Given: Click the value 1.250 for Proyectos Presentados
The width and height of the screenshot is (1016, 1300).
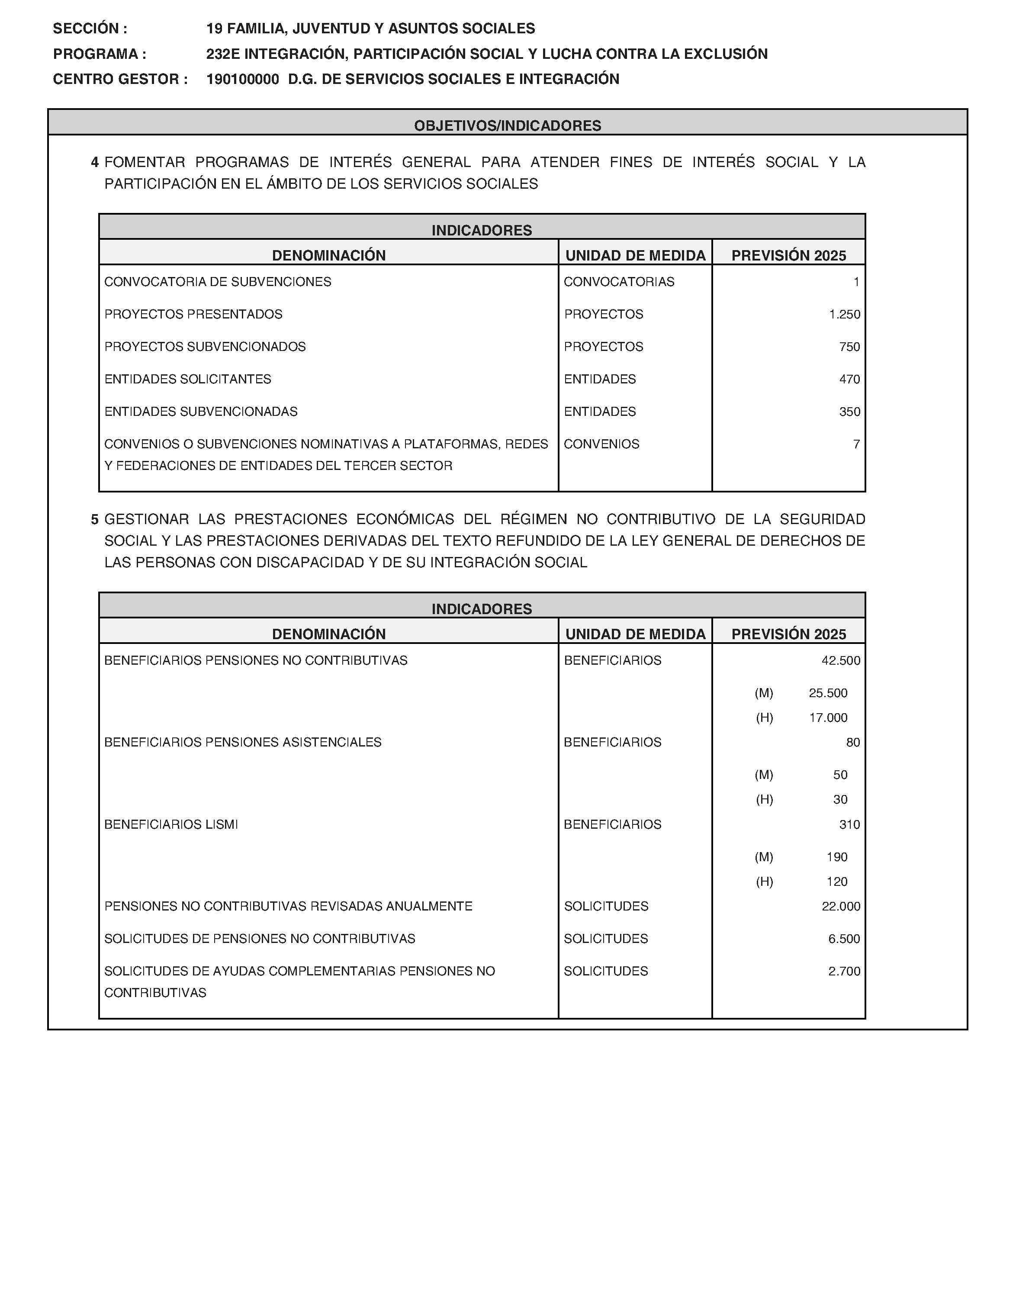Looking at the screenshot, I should [x=845, y=314].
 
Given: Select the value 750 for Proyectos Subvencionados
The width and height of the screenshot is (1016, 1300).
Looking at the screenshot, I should [x=849, y=347].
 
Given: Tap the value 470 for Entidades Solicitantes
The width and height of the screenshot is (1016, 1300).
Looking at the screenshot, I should [x=849, y=379].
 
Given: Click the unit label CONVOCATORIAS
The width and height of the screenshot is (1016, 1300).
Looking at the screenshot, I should [x=619, y=282].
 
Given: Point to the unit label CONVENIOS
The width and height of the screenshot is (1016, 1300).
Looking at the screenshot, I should [x=601, y=444].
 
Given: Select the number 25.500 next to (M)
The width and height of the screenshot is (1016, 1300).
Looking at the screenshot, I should [x=828, y=693].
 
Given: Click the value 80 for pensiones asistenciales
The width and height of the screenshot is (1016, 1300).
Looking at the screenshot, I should [x=853, y=742].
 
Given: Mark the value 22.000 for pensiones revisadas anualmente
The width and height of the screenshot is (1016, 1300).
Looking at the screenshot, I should [x=840, y=906].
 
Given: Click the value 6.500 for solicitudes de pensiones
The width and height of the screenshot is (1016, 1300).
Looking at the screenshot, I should [x=844, y=939].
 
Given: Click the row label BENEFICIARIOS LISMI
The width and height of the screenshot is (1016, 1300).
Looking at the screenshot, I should [x=171, y=824].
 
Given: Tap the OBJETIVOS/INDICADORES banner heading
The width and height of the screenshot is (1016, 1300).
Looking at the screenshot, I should [x=508, y=125].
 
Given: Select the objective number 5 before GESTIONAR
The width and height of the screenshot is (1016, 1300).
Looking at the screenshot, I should [x=95, y=520].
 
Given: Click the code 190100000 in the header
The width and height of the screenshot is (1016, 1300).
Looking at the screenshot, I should [x=242, y=79].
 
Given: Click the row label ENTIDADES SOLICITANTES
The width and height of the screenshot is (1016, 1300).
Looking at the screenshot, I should [x=187, y=379].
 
